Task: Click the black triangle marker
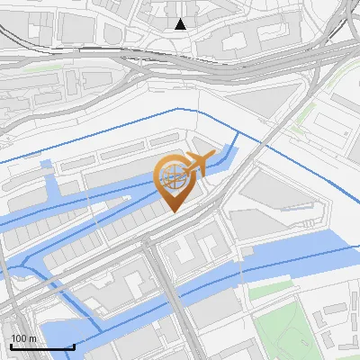click(x=181, y=24)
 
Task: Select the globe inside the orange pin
click(x=174, y=176)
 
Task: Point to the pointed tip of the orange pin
click(x=175, y=211)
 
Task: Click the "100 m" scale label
click(x=22, y=338)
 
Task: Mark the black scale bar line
click(x=41, y=346)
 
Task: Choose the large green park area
click(x=292, y=328)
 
